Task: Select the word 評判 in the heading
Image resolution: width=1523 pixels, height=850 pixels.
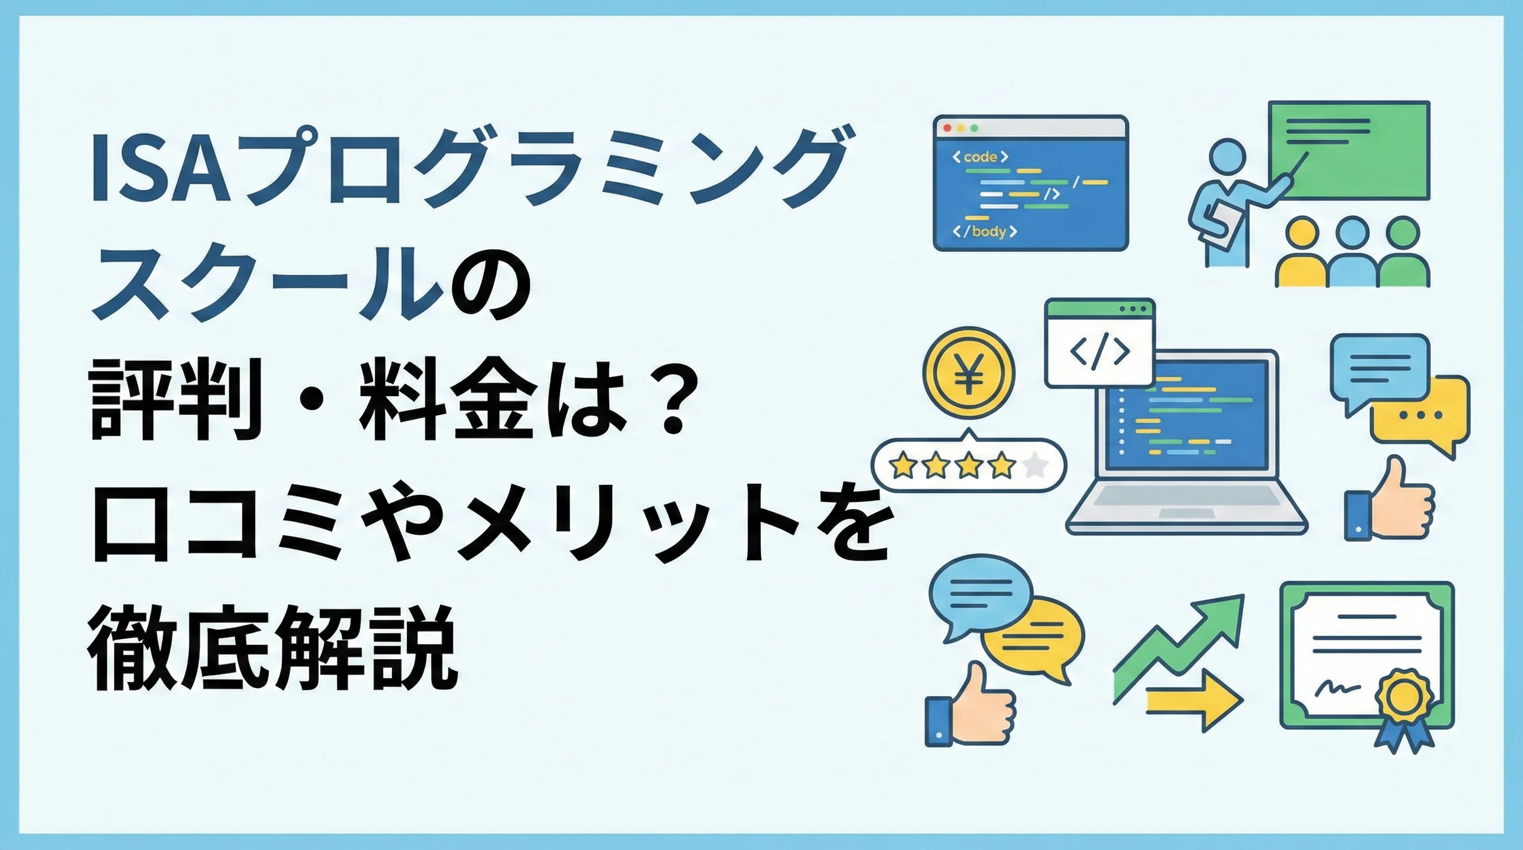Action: (x=175, y=402)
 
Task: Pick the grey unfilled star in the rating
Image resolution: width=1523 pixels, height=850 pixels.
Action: (x=1035, y=466)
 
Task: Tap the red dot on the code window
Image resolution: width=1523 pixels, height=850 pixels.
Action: (x=948, y=128)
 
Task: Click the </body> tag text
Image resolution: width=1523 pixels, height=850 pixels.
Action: (x=985, y=231)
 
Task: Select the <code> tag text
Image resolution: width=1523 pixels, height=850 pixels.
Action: (x=980, y=157)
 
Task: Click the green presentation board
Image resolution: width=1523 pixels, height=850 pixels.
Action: (x=1349, y=150)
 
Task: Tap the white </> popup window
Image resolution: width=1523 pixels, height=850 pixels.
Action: (x=1100, y=343)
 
